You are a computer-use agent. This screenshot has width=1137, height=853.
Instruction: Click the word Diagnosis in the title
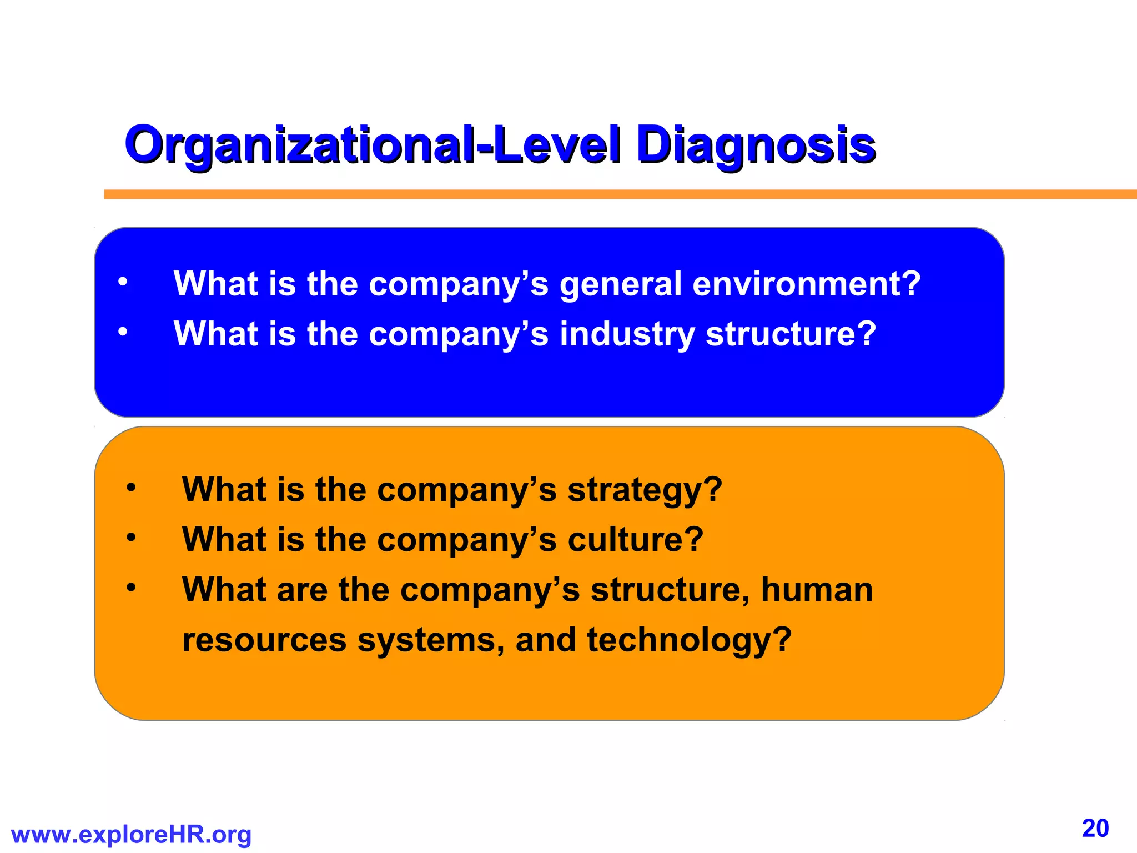pos(756,145)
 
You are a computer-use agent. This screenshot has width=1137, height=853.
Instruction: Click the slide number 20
pos(1095,829)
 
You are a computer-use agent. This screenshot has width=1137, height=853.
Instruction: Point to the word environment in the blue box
pos(807,284)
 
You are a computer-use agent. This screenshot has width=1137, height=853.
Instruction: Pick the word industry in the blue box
pos(627,335)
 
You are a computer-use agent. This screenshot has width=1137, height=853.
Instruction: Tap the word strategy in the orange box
pos(645,491)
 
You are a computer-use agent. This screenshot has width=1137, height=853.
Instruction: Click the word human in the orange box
pos(817,590)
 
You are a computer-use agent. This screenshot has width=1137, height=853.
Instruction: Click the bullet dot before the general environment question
pos(123,282)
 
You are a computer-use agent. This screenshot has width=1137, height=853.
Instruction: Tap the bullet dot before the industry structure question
pos(123,332)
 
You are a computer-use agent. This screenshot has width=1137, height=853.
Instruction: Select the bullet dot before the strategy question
pos(131,488)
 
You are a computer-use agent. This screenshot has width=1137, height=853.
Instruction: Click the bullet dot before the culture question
pos(131,538)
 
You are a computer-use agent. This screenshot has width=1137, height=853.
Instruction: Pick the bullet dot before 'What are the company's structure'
pos(131,587)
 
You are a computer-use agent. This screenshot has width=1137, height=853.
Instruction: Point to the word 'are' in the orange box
pos(302,590)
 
